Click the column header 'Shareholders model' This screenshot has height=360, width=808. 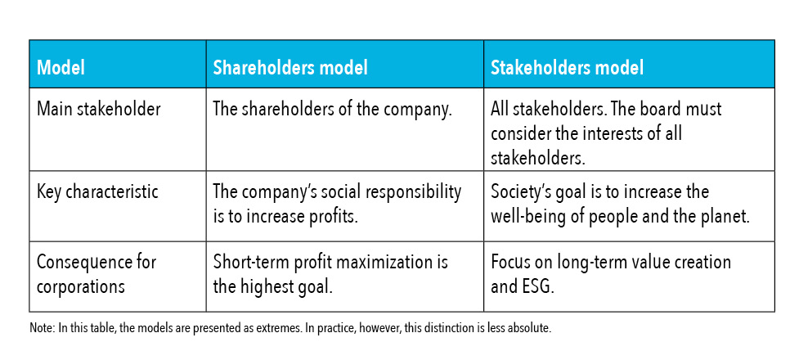click(290, 68)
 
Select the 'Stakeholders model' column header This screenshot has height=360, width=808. click(567, 68)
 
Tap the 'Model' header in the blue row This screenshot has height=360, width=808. click(61, 68)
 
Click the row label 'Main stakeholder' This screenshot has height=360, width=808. click(98, 110)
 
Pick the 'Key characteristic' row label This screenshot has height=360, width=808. click(97, 191)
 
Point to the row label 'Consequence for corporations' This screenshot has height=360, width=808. click(97, 274)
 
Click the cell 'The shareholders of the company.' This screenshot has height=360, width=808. click(332, 110)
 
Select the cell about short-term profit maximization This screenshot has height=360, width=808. click(330, 274)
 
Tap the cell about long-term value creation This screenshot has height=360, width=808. click(611, 274)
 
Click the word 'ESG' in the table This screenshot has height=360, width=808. click(538, 286)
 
